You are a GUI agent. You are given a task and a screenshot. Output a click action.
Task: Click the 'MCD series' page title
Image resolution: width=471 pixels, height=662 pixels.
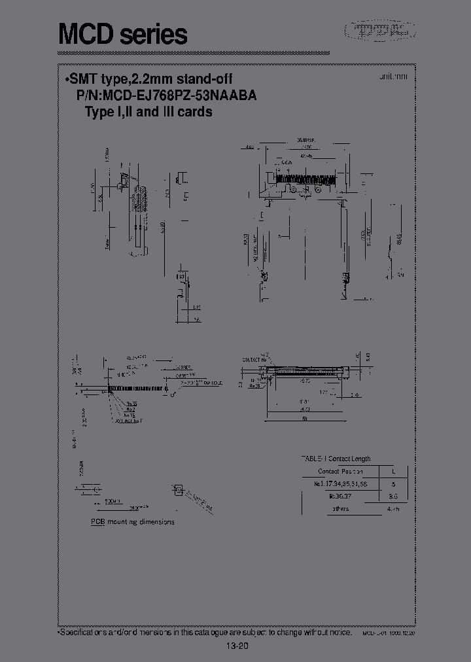click(x=123, y=33)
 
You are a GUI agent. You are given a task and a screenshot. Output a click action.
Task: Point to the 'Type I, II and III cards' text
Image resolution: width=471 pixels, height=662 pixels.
click(x=148, y=112)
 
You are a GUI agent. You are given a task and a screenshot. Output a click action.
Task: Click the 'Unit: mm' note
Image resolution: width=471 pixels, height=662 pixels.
click(x=392, y=77)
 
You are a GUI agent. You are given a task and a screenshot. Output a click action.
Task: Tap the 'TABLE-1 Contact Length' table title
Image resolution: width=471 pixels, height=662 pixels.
click(x=335, y=459)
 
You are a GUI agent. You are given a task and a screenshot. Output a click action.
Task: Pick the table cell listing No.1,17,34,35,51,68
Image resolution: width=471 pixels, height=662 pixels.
click(x=341, y=484)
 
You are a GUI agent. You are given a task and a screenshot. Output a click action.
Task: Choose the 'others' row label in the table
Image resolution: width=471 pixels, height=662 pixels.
click(x=340, y=508)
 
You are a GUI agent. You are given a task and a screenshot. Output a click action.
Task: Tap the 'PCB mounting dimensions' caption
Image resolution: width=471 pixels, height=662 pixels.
click(x=132, y=522)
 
